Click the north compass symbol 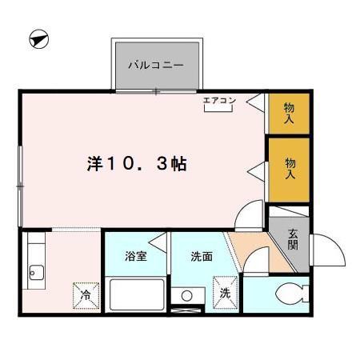coord(38,38)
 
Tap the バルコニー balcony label coord(157,64)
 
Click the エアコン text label coord(218,100)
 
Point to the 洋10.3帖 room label coord(137,164)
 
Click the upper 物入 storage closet coord(289,112)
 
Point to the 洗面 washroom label coord(201,257)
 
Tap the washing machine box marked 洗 coord(225,293)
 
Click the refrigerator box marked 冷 coord(86,294)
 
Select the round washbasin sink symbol coord(187,296)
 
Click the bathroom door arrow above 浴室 coord(159,238)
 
